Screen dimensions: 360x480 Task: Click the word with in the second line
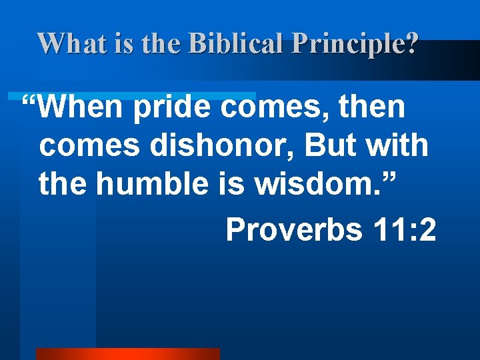[x=399, y=146]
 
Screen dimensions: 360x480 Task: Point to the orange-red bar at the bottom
[x=127, y=354]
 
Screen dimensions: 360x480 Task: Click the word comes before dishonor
[x=82, y=146]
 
